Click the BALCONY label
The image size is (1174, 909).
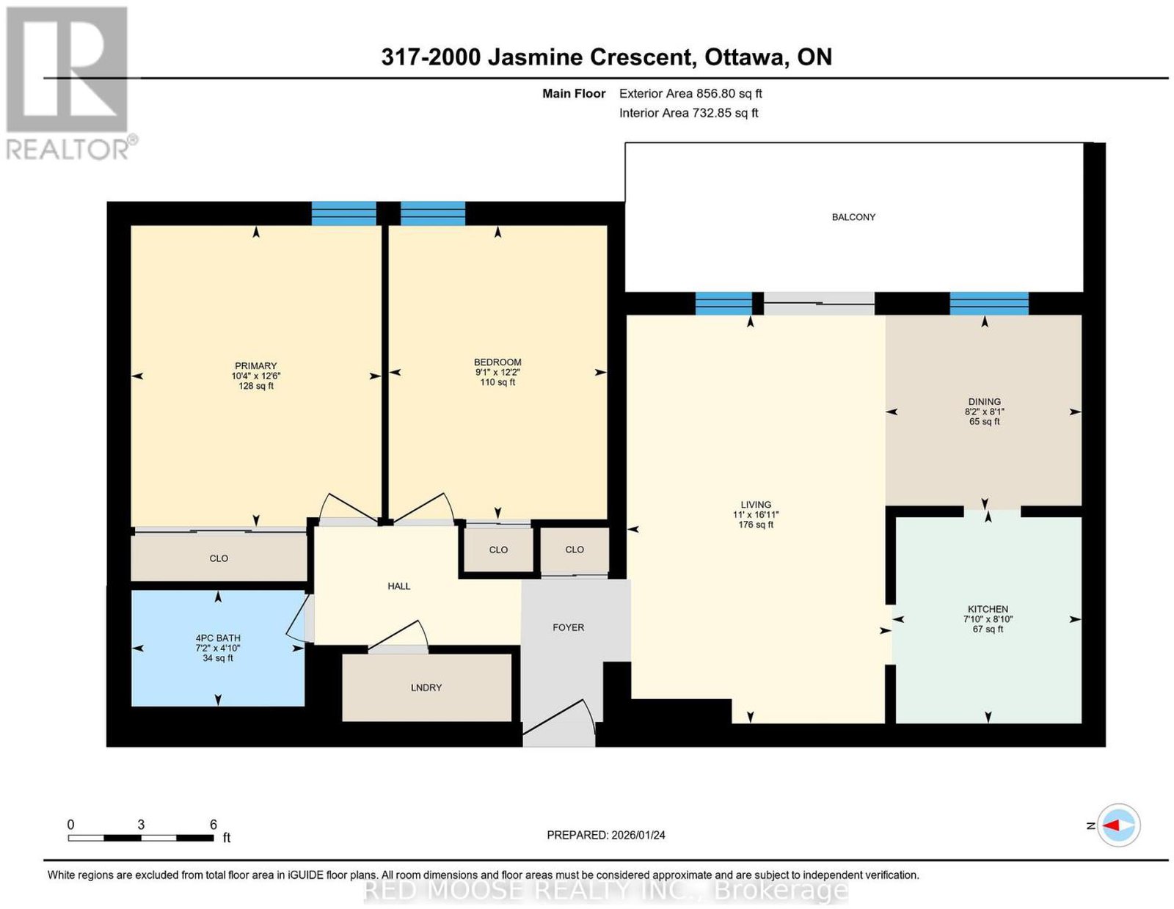pos(853,217)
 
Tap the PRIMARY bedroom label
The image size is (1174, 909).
pos(255,365)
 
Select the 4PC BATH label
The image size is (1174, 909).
pos(218,638)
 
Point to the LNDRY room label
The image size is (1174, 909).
pos(426,687)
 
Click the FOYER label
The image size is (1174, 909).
pos(569,627)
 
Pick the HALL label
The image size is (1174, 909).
pos(398,586)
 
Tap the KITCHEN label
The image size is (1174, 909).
pos(988,609)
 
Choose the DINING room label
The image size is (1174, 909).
pos(985,401)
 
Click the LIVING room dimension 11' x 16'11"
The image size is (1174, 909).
pos(755,515)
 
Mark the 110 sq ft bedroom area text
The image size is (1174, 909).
pos(497,382)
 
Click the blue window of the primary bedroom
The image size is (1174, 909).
pos(343,213)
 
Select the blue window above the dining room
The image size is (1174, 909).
pos(988,304)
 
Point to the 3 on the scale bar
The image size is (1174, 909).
pos(141,825)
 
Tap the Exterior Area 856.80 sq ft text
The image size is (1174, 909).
pos(690,93)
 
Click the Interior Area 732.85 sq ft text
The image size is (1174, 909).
pos(689,113)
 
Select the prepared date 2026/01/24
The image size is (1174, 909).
pos(638,835)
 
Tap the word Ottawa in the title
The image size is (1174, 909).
pos(745,57)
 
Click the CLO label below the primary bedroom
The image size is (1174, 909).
pos(219,558)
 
